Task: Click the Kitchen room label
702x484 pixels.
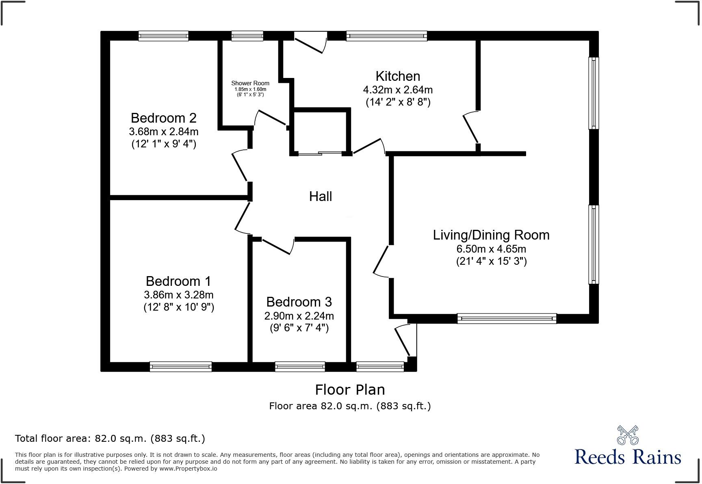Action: pos(398,76)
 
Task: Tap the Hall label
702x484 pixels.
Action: pos(321,197)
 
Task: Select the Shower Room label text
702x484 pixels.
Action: pos(250,83)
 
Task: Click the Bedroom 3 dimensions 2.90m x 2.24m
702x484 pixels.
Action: pos(299,315)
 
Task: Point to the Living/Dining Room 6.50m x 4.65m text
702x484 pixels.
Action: pos(491,248)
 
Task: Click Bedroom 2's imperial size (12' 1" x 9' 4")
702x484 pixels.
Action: pos(164,144)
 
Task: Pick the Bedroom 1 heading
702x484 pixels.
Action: pos(178,281)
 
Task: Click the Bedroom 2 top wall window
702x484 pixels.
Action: pos(163,36)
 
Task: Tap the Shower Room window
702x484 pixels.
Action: pos(247,36)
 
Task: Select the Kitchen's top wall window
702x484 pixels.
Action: pos(386,36)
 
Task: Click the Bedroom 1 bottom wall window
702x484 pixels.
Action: pos(181,367)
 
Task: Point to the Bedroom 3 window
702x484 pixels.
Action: pos(300,367)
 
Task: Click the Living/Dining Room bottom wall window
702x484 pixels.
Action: pos(507,319)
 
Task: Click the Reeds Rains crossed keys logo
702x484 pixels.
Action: pos(628,435)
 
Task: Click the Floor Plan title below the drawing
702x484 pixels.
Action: pos(350,390)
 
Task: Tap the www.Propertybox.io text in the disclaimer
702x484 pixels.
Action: pos(188,469)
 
